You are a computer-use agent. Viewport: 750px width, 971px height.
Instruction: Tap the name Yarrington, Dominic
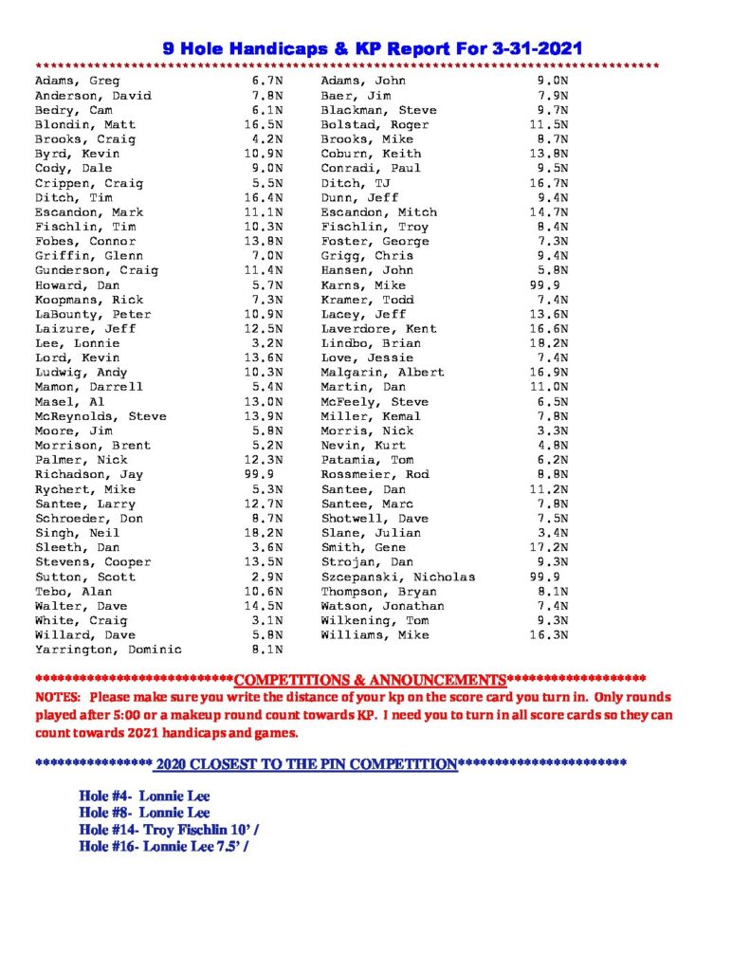tap(108, 650)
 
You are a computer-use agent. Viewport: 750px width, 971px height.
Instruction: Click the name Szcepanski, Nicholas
tap(398, 577)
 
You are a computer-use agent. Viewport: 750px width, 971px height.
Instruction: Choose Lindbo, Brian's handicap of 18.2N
tap(549, 344)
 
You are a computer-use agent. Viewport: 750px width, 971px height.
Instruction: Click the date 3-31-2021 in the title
tap(523, 47)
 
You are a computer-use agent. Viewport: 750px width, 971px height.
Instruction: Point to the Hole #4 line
tap(144, 797)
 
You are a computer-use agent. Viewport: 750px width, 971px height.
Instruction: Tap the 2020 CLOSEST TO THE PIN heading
tap(306, 763)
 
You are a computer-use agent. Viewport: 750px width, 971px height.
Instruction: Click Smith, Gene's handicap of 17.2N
tap(549, 548)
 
